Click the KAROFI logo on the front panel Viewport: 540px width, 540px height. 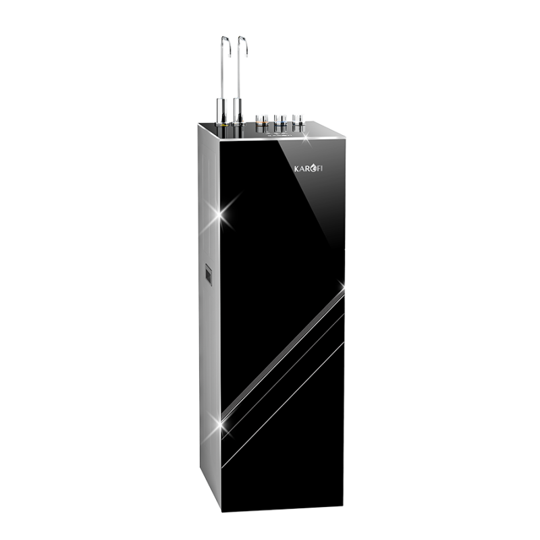[x=308, y=168]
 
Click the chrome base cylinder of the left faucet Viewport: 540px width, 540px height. [x=221, y=111]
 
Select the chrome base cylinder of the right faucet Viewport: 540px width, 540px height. [x=238, y=111]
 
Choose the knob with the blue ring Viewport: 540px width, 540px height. [x=280, y=123]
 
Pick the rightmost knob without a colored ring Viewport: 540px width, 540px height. [x=298, y=122]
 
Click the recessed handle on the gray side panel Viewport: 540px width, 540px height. [x=208, y=276]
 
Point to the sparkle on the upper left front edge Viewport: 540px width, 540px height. [x=220, y=216]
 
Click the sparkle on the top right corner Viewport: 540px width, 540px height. [x=306, y=139]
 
